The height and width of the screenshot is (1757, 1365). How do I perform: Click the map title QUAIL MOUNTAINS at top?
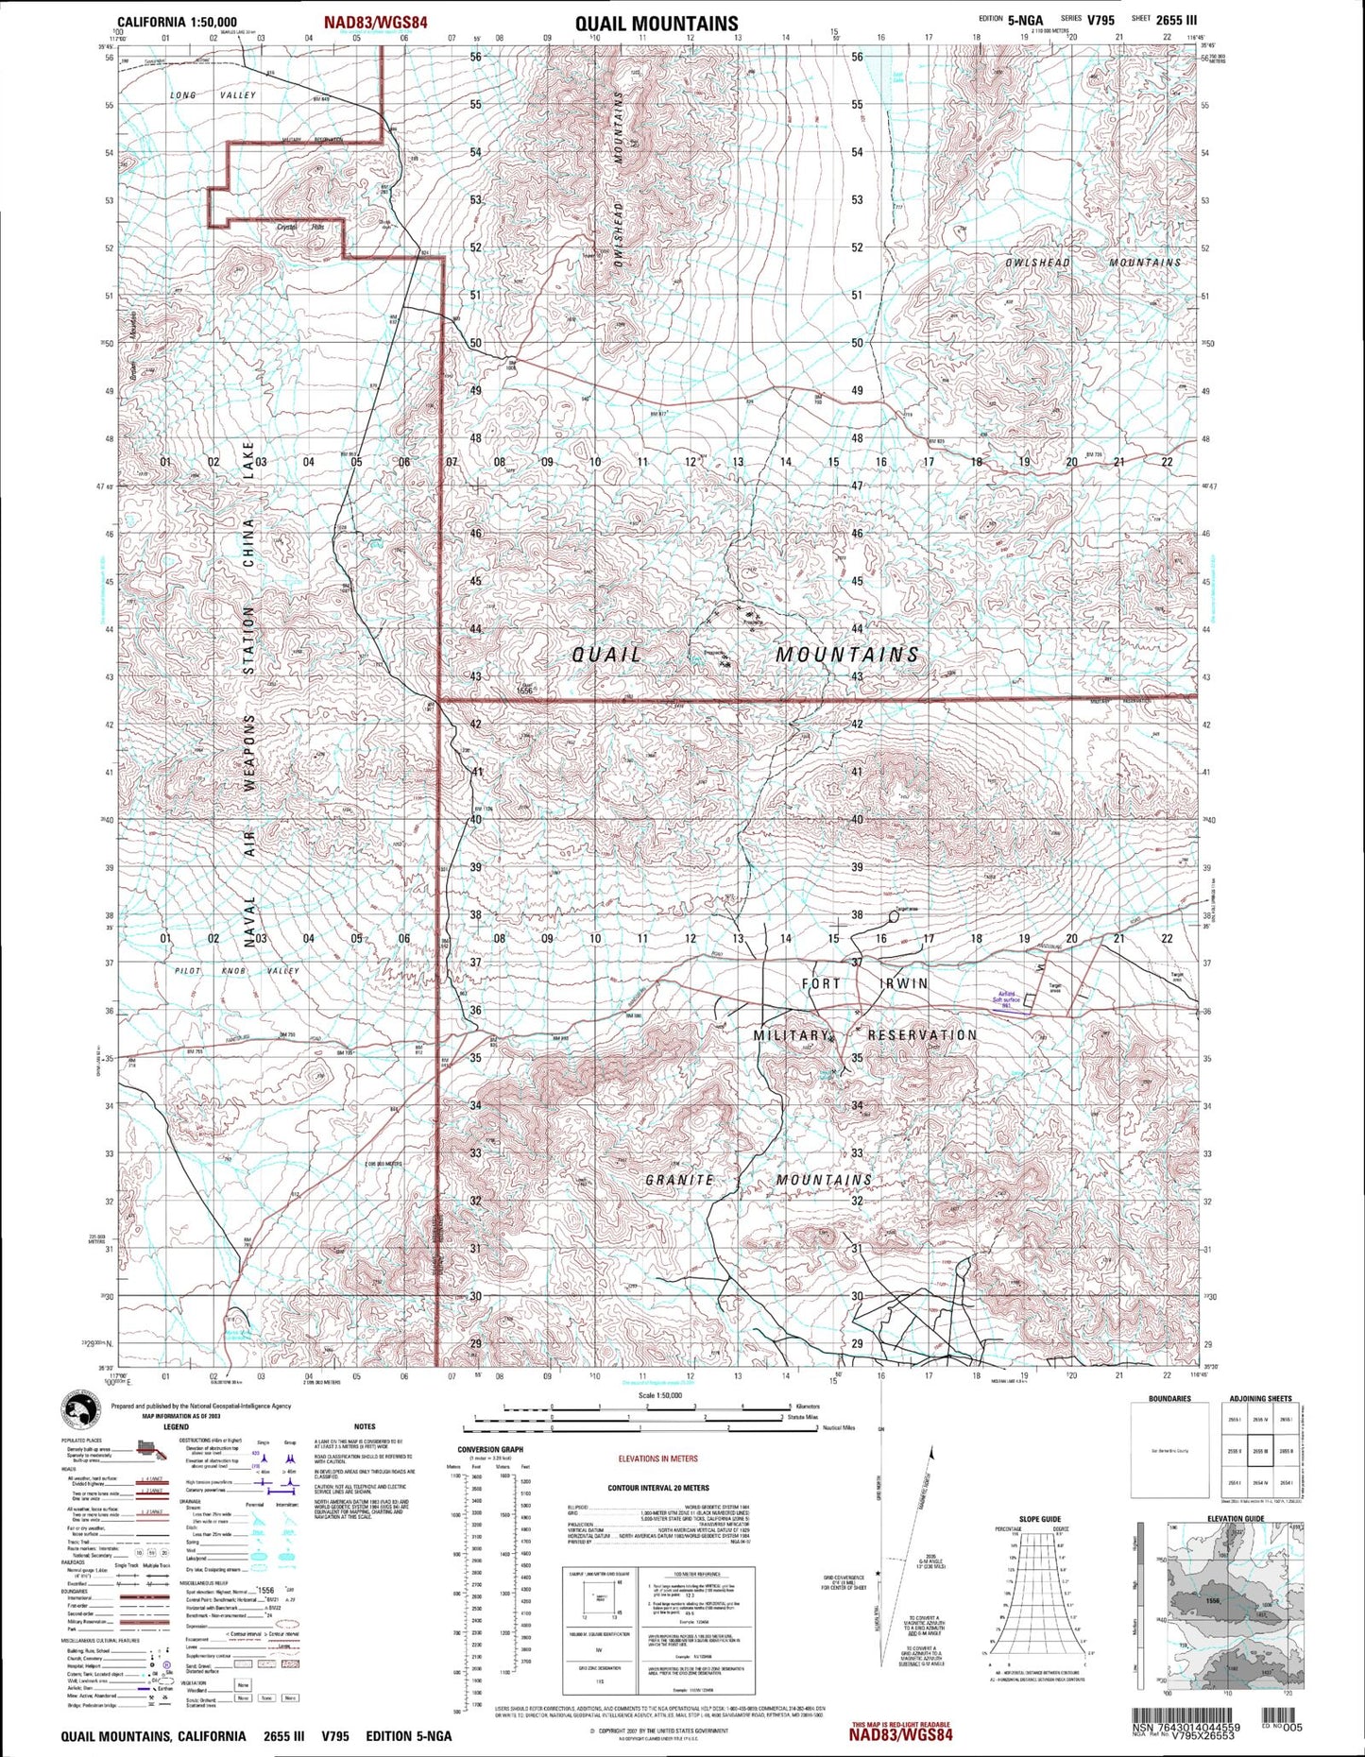pyautogui.click(x=657, y=23)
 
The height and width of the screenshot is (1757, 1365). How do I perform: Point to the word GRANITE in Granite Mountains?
pyautogui.click(x=679, y=1180)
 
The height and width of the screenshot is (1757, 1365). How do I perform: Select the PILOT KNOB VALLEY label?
pyautogui.click(x=236, y=971)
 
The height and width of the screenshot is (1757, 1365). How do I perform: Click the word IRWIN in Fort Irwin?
pyautogui.click(x=904, y=983)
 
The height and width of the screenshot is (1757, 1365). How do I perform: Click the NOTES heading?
pyautogui.click(x=365, y=1426)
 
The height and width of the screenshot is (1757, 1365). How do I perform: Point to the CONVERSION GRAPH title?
pyautogui.click(x=489, y=1449)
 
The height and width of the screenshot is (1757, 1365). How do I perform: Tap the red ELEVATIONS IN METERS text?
pyautogui.click(x=657, y=1458)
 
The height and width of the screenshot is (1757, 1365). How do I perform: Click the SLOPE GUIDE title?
pyautogui.click(x=1039, y=1519)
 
